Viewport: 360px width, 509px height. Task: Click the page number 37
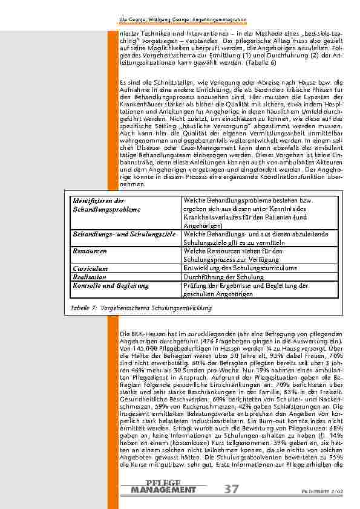tap(231, 488)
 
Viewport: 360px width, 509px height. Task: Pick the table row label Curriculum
tap(90, 268)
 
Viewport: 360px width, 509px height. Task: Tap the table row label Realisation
tap(90, 277)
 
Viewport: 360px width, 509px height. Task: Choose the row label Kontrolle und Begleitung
tap(110, 285)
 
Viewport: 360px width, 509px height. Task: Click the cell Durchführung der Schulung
tap(223, 277)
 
